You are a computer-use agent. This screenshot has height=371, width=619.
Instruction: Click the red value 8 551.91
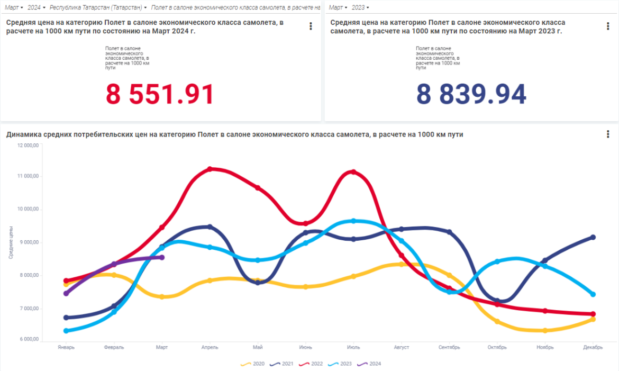point(160,94)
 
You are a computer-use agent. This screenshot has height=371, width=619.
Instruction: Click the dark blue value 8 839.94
point(471,94)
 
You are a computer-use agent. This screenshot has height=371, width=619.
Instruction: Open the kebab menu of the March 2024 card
point(311,26)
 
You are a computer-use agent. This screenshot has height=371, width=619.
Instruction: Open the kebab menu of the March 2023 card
point(608,26)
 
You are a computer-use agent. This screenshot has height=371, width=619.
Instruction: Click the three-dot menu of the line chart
point(608,134)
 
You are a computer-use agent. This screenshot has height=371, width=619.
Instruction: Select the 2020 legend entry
point(253,364)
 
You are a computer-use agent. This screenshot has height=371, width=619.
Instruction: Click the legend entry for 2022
point(312,364)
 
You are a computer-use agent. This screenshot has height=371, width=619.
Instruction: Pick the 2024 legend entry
point(370,364)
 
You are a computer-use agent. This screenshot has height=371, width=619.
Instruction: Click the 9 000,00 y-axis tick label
point(29,242)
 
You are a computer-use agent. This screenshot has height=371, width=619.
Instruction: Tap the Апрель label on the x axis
point(210,348)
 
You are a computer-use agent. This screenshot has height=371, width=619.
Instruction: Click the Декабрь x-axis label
point(593,348)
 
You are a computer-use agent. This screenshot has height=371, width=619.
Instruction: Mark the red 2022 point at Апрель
point(210,169)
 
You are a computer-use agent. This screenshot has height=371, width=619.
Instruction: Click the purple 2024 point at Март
point(162,257)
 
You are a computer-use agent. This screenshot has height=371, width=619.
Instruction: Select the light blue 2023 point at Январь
point(66,331)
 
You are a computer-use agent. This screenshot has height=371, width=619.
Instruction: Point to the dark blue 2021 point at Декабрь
point(593,237)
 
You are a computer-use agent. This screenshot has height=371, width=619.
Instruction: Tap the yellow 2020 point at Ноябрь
point(545,330)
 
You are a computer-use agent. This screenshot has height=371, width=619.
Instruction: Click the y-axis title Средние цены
point(11,242)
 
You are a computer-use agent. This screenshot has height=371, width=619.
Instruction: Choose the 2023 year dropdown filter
point(360,8)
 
